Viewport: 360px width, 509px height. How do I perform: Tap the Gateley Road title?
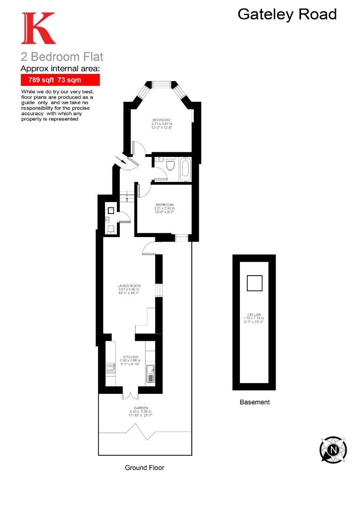click(287, 14)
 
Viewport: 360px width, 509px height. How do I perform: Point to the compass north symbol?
click(333, 450)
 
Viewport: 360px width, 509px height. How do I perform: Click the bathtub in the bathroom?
click(185, 169)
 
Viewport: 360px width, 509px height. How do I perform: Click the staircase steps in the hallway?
click(126, 196)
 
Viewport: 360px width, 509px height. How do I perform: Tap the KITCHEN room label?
click(130, 357)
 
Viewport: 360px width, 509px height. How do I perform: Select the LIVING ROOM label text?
click(129, 286)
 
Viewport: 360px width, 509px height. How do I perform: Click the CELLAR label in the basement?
click(254, 315)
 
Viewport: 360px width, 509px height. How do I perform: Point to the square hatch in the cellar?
click(254, 283)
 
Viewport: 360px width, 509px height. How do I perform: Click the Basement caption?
click(254, 402)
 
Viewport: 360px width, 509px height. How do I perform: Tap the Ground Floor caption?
click(145, 468)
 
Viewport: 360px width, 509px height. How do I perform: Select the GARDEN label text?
click(141, 408)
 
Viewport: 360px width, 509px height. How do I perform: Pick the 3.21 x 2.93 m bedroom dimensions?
click(164, 208)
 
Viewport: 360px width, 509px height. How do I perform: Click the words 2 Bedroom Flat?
click(62, 57)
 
